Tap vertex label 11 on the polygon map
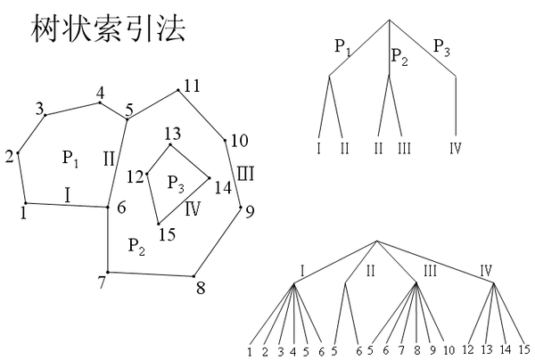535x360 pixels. (x=192, y=86)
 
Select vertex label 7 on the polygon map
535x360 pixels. (x=102, y=282)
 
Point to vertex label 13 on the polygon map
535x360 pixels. (x=173, y=135)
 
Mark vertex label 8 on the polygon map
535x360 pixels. (x=201, y=287)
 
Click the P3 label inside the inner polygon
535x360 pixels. (x=176, y=184)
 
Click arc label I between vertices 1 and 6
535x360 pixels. (x=67, y=193)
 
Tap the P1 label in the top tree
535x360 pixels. (x=342, y=47)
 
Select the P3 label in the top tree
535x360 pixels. (x=442, y=47)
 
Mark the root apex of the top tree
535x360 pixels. (x=390, y=19)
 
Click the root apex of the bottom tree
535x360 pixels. (x=376, y=241)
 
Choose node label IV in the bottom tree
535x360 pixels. (x=486, y=270)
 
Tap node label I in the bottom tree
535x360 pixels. (x=302, y=270)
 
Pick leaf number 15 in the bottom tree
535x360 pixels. (x=523, y=350)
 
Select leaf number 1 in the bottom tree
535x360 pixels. (x=251, y=351)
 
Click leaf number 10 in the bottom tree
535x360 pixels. (x=449, y=350)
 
